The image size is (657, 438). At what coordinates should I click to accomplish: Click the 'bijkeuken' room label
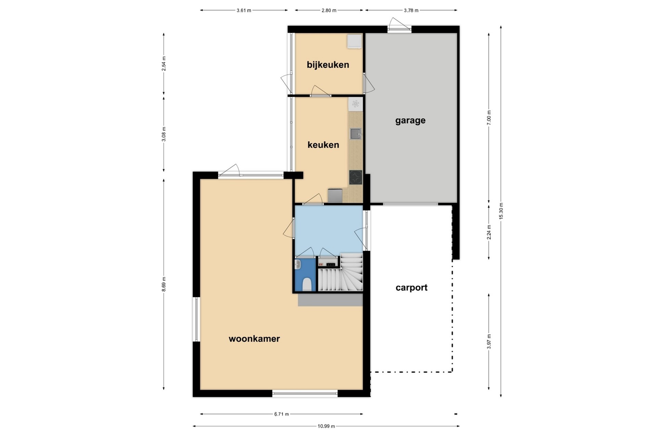click(328, 65)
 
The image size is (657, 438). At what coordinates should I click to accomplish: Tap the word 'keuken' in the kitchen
click(323, 145)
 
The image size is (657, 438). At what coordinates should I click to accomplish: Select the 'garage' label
click(410, 121)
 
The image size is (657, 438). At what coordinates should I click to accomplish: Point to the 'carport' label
click(411, 287)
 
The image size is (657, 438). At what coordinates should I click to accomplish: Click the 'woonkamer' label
click(254, 339)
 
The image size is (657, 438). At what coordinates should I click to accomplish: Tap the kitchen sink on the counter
click(356, 133)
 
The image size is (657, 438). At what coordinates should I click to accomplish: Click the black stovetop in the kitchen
click(356, 177)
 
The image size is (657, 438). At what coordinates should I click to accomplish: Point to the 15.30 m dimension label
click(501, 211)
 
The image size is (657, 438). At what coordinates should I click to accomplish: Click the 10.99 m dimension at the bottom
click(326, 426)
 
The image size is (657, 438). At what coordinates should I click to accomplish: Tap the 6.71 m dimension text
click(281, 414)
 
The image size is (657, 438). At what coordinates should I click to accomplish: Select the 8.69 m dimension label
click(164, 284)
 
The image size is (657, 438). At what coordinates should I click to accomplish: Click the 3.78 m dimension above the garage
click(411, 10)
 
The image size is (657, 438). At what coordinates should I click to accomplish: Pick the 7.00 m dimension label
click(489, 117)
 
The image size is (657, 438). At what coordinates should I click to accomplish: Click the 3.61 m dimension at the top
click(244, 10)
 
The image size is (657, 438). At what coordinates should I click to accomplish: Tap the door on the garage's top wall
click(399, 25)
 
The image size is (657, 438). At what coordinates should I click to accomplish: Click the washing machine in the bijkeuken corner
click(355, 41)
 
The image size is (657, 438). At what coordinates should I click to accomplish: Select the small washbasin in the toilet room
click(298, 265)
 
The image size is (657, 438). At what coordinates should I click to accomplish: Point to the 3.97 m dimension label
click(489, 342)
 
